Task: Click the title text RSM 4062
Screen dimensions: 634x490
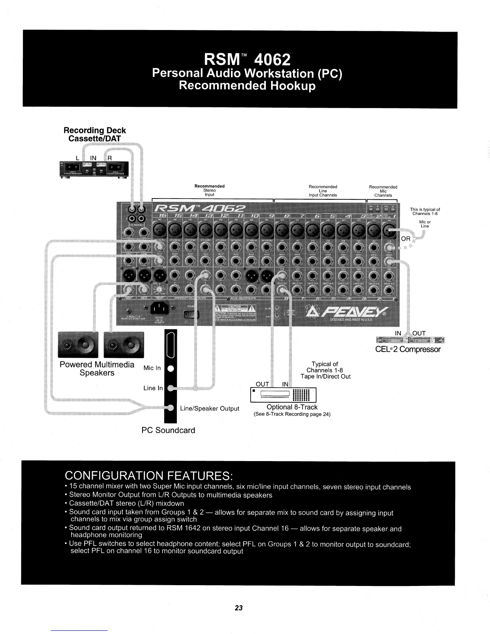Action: [x=247, y=60]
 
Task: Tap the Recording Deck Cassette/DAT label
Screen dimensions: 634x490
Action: [x=95, y=134]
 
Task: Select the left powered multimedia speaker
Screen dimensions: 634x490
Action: [x=78, y=345]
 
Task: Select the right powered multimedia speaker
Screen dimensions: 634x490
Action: [x=124, y=345]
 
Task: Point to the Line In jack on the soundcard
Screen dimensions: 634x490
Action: [x=171, y=388]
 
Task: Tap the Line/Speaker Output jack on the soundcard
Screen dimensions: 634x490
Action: [x=171, y=408]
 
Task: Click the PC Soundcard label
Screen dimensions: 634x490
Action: [x=168, y=430]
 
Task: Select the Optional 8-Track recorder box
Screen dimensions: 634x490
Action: [x=283, y=395]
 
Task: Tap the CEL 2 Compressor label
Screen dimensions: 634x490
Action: [x=408, y=349]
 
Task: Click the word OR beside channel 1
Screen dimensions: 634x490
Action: [x=406, y=239]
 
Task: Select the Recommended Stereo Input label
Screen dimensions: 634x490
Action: [x=209, y=191]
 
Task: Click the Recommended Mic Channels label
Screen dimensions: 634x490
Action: [x=383, y=191]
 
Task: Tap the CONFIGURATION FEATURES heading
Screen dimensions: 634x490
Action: [x=149, y=476]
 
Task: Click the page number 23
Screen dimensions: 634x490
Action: [x=239, y=608]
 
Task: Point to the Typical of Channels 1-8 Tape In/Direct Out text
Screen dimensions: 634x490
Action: [x=325, y=370]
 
